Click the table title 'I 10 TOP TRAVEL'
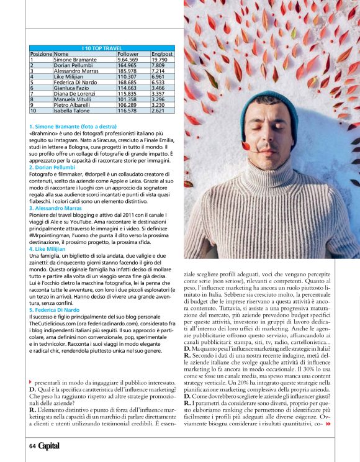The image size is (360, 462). (102, 48)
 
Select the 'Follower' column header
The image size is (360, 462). (126, 53)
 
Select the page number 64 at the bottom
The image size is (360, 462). (32, 445)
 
